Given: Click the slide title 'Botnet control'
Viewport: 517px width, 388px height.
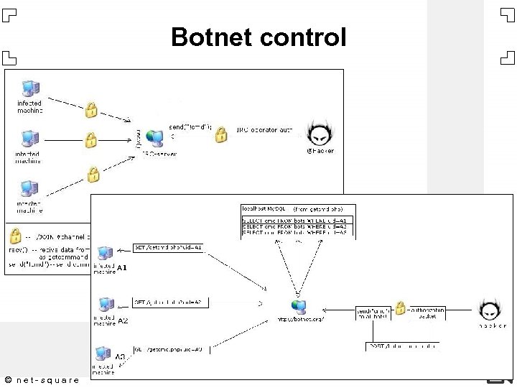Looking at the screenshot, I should (x=258, y=37).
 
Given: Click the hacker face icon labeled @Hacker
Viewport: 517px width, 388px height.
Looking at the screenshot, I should (x=320, y=134).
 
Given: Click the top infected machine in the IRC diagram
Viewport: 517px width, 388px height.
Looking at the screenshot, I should (x=30, y=89).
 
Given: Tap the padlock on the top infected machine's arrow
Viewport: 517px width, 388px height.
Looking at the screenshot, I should (x=91, y=110).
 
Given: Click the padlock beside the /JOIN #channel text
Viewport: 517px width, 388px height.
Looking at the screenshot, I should (x=15, y=235).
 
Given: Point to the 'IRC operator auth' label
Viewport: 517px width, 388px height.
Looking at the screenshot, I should (x=264, y=131).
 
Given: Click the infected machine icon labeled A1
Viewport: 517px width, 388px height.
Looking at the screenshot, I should (x=105, y=254).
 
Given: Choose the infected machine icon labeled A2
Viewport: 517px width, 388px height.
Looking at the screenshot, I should (x=106, y=304).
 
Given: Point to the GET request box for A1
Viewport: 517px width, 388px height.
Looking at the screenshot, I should (x=169, y=248).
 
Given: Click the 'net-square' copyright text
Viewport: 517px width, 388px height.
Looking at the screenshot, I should (x=41, y=379).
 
